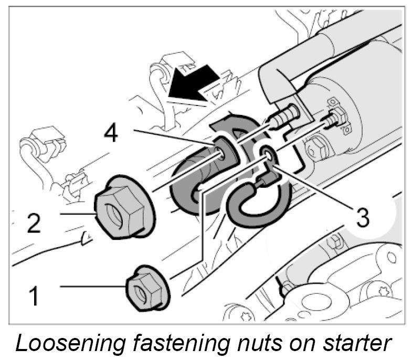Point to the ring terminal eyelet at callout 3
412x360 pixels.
267,154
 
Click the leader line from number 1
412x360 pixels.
94,286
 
